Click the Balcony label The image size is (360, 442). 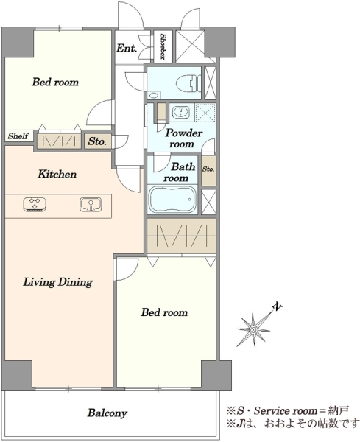click(107, 413)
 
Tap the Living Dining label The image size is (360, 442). click(57, 282)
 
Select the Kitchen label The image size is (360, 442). click(57, 174)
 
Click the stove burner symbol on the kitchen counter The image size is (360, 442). click(35, 204)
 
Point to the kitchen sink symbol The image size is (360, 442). click(91, 204)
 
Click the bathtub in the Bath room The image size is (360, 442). click(172, 200)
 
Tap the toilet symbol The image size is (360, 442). click(188, 83)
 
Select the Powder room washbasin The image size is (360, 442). click(181, 113)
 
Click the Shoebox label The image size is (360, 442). click(163, 46)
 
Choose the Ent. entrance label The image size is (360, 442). click(127, 48)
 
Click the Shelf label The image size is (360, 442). click(18, 136)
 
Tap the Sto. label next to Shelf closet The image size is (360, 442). click(97, 141)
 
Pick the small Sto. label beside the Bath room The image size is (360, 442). click(208, 169)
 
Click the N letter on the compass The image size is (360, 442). click(278, 306)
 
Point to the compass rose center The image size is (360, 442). click(253, 329)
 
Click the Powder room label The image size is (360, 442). click(183, 138)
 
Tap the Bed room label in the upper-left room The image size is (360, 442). click(55, 82)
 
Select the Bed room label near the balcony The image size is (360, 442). click(164, 312)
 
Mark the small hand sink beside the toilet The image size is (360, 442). click(154, 95)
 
